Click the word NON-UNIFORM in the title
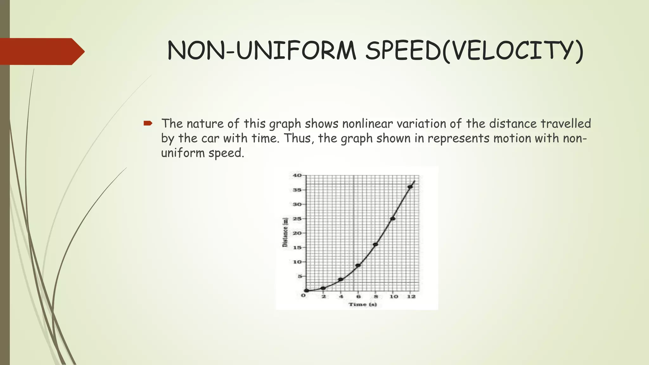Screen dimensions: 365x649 pyautogui.click(x=262, y=51)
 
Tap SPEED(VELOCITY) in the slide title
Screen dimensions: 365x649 pyautogui.click(x=474, y=51)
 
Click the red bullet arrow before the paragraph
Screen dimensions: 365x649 pyautogui.click(x=148, y=123)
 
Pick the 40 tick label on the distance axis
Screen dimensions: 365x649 pyautogui.click(x=297, y=175)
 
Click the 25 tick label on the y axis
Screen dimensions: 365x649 pyautogui.click(x=297, y=219)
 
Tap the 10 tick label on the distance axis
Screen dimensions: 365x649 pyautogui.click(x=297, y=262)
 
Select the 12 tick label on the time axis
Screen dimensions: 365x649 pyautogui.click(x=411, y=297)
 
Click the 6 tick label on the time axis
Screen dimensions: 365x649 pyautogui.click(x=358, y=297)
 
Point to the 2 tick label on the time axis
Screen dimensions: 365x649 pyautogui.click(x=324, y=297)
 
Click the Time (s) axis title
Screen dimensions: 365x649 pyautogui.click(x=363, y=304)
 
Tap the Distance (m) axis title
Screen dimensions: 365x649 pyautogui.click(x=285, y=232)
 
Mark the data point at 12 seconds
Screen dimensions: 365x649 pyautogui.click(x=410, y=187)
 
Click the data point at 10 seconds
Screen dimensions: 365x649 pyautogui.click(x=393, y=219)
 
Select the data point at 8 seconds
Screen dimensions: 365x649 pyautogui.click(x=376, y=245)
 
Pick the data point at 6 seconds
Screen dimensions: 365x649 pyautogui.click(x=358, y=265)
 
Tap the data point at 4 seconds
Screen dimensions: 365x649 pyautogui.click(x=341, y=279)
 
